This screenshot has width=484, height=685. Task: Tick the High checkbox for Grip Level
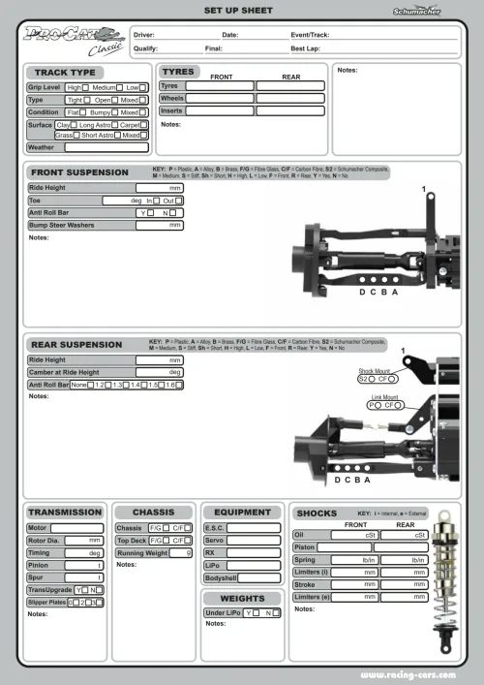click(86, 87)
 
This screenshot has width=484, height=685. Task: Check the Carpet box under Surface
click(143, 124)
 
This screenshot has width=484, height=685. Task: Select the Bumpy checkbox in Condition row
click(117, 111)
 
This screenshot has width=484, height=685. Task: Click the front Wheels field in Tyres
click(219, 98)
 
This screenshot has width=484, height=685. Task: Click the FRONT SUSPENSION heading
click(79, 172)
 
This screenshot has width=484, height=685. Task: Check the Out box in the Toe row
click(180, 200)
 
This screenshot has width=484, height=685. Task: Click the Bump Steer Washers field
click(160, 225)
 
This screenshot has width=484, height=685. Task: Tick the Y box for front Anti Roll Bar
click(152, 212)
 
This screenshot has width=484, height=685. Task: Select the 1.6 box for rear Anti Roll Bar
click(180, 385)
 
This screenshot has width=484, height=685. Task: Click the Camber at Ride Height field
click(160, 372)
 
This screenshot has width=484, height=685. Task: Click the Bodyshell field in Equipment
click(254, 577)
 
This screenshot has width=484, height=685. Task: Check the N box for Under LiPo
click(276, 613)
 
